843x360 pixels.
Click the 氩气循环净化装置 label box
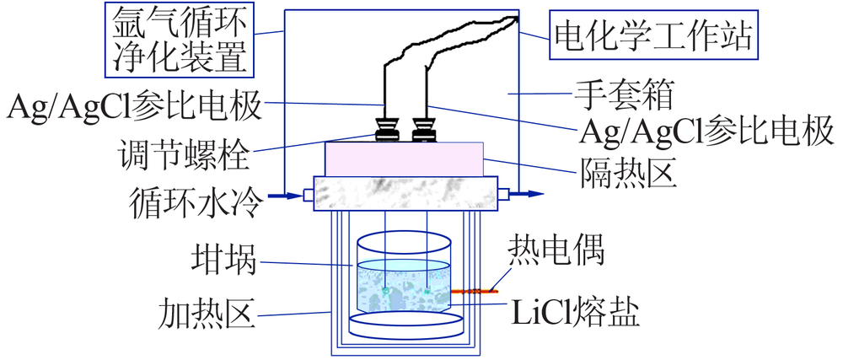click(x=180, y=40)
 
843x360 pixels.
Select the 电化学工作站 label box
click(x=654, y=35)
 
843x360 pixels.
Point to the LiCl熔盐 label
click(x=575, y=314)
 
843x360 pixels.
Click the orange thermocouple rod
click(x=474, y=291)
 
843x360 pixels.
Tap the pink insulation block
click(x=405, y=159)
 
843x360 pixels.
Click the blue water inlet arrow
click(x=284, y=196)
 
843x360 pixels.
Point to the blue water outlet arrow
click(x=526, y=194)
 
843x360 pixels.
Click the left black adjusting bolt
click(x=386, y=129)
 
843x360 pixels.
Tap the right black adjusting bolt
click(x=424, y=129)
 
